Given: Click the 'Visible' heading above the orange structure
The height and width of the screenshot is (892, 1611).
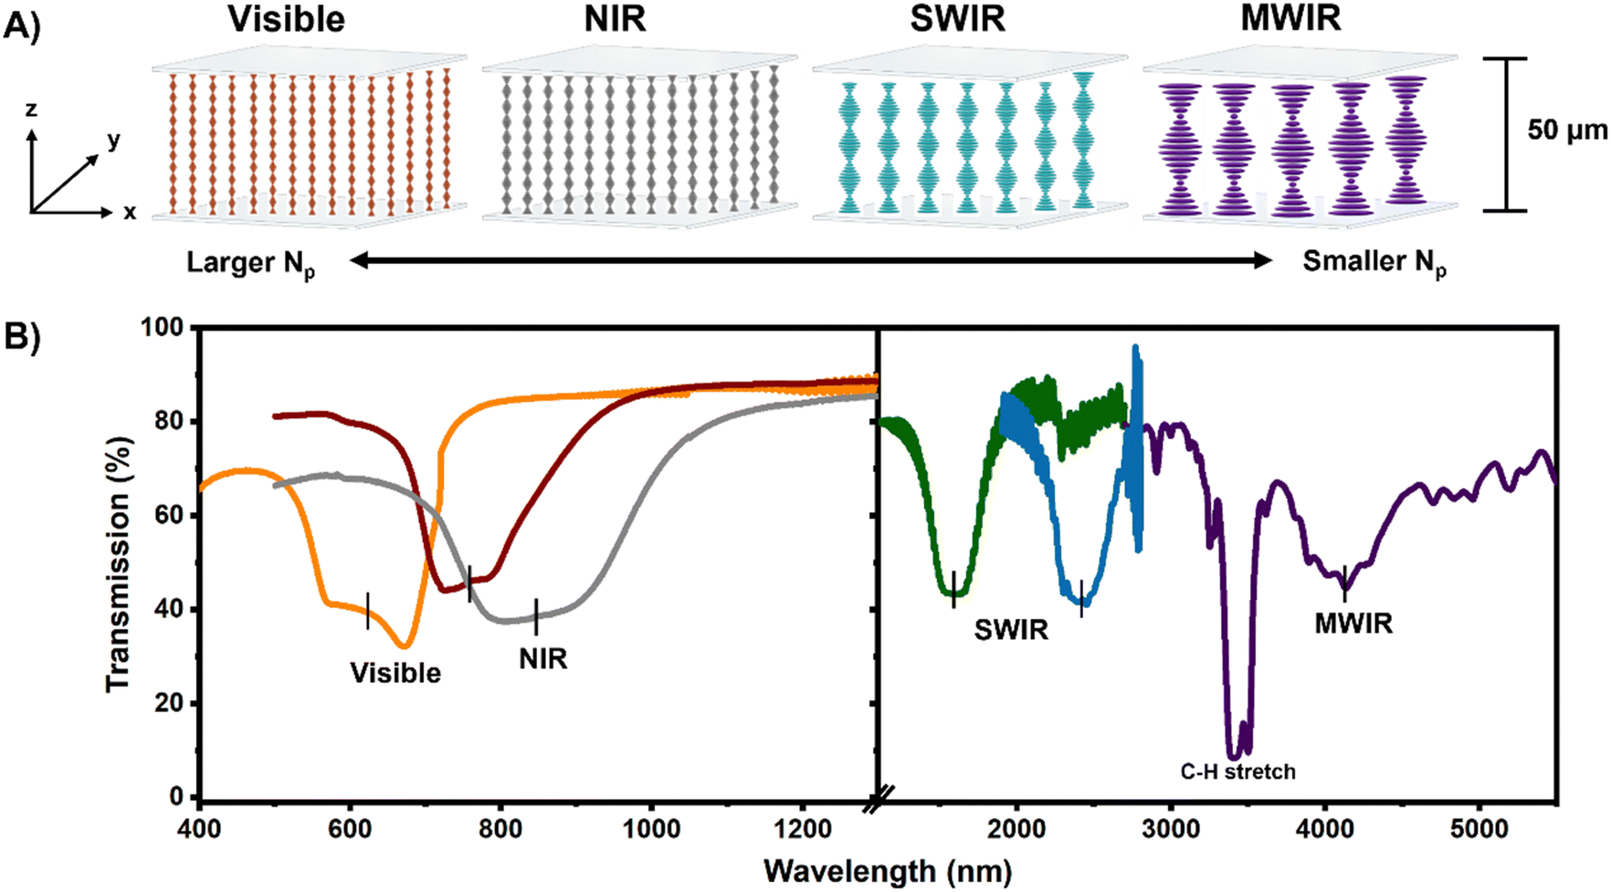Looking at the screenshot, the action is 286,19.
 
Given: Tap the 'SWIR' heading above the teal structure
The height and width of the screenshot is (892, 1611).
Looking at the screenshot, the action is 957,19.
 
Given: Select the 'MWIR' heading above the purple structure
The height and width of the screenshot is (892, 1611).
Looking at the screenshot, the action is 1290,19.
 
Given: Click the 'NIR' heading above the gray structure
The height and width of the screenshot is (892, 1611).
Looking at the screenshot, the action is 615,19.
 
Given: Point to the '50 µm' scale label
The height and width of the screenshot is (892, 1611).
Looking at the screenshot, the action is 1567,131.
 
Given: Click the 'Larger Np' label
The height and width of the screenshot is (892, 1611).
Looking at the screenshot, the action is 251,265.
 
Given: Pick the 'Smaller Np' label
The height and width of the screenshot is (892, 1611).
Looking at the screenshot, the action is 1374,264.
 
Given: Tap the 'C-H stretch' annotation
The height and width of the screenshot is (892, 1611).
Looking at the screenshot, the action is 1237,772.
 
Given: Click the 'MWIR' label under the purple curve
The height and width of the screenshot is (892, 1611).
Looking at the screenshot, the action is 1353,624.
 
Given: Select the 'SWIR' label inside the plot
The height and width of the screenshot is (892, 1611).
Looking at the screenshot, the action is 1011,630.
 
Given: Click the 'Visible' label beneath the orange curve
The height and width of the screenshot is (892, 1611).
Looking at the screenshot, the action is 395,673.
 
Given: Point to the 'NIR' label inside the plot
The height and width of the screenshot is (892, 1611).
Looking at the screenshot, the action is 543,658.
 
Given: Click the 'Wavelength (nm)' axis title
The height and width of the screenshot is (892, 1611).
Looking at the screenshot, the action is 888,871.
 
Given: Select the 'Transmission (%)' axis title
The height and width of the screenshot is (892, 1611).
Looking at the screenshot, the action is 120,562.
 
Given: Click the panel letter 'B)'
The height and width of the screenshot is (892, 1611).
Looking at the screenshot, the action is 22,337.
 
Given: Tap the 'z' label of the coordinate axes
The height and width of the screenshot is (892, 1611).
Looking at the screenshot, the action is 31,110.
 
